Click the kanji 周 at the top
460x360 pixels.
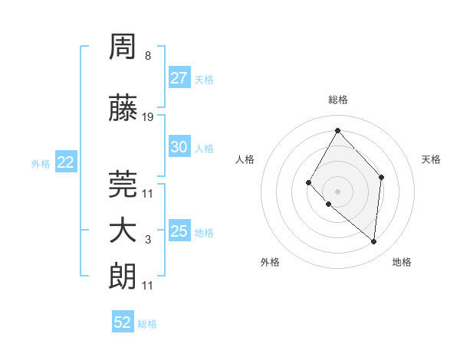pyautogui.click(x=124, y=48)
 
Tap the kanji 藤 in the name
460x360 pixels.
pyautogui.click(x=124, y=109)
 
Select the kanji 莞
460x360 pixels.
pyautogui.click(x=124, y=184)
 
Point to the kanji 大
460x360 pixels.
pyautogui.click(x=124, y=231)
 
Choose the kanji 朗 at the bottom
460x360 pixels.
pyautogui.click(x=124, y=276)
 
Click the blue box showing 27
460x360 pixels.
pyautogui.click(x=179, y=78)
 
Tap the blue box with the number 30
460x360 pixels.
pyautogui.click(x=179, y=147)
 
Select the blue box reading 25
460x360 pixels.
pyautogui.click(x=179, y=231)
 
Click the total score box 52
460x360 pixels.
pyautogui.click(x=123, y=322)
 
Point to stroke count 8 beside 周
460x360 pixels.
pyautogui.click(x=147, y=56)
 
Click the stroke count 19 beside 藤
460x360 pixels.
pyautogui.click(x=148, y=116)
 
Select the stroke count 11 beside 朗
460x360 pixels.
pyautogui.click(x=148, y=286)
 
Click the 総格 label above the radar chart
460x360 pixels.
pyautogui.click(x=338, y=100)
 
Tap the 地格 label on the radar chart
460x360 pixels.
pyautogui.click(x=402, y=262)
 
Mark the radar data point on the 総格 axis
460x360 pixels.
pyautogui.click(x=337, y=130)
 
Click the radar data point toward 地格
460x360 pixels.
pyautogui.click(x=373, y=241)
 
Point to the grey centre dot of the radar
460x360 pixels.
pyautogui.click(x=337, y=191)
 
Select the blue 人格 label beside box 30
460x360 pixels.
pyautogui.click(x=204, y=148)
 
